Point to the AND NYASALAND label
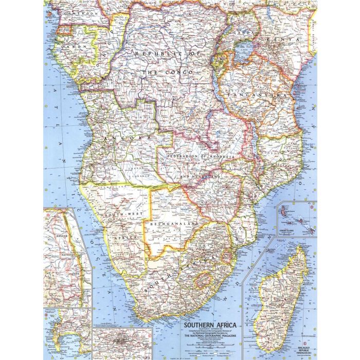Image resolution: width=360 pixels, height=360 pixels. [x=202, y=176]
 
